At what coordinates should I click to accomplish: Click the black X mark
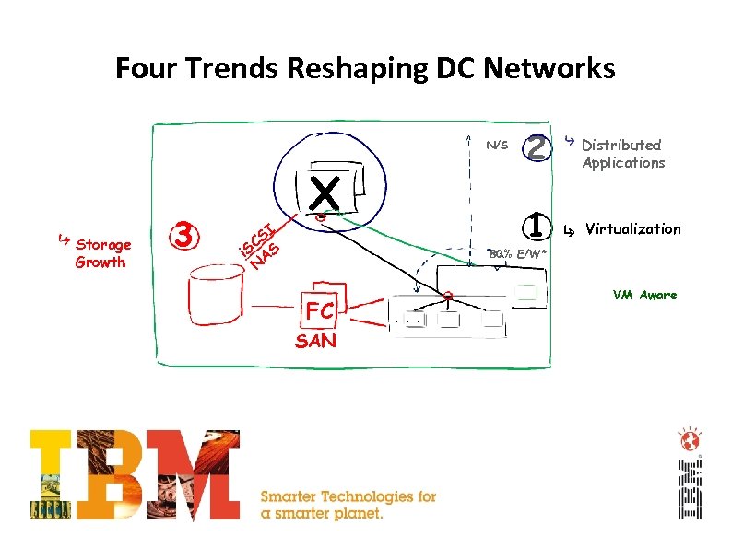click(325, 194)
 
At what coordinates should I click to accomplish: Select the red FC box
click(319, 311)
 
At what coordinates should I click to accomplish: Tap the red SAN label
click(315, 342)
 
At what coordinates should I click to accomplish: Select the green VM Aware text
click(644, 295)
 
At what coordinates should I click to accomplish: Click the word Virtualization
click(632, 228)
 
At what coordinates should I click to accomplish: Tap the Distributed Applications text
click(622, 154)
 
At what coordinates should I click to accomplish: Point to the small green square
click(526, 293)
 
